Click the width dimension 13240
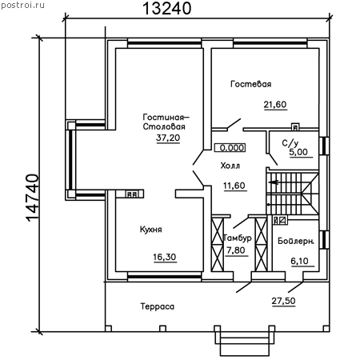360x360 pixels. tap(167, 8)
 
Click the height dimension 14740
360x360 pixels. tap(33, 198)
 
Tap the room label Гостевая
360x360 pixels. tap(251, 84)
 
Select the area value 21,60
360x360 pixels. tap(275, 104)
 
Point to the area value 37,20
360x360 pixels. tap(168, 138)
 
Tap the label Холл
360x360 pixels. tap(230, 166)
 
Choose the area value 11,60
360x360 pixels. tap(234, 186)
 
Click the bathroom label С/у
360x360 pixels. tap(290, 143)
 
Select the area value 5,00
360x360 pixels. tap(298, 152)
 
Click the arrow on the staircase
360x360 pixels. tap(274, 182)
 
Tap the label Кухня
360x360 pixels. tap(151, 230)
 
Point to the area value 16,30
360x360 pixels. tap(165, 257)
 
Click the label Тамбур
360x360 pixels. tap(237, 238)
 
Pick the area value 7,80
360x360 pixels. tap(236, 250)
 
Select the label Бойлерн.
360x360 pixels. tap(296, 241)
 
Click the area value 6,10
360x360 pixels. tap(299, 261)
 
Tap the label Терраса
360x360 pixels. tap(158, 306)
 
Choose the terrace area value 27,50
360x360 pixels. tap(283, 301)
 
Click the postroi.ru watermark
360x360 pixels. tap(22, 6)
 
